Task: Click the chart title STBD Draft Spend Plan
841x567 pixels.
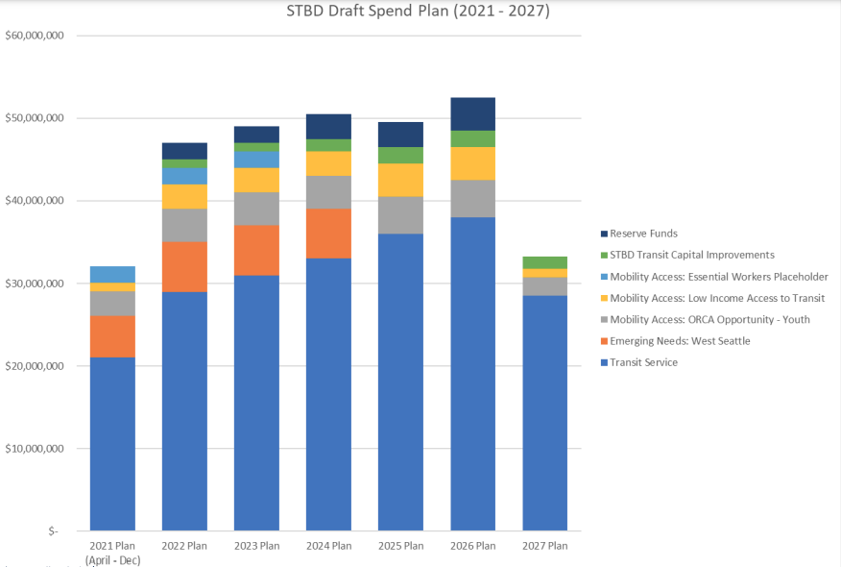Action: tap(418, 12)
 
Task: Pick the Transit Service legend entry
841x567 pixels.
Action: tap(642, 362)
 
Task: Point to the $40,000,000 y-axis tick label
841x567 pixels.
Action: tap(35, 201)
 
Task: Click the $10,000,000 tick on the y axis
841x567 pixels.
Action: tap(35, 449)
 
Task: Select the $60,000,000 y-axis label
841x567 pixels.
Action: tap(35, 36)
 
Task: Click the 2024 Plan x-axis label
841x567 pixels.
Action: tap(328, 546)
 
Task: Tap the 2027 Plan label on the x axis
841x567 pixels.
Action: tap(544, 546)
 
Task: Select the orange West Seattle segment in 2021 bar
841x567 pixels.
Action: tap(112, 336)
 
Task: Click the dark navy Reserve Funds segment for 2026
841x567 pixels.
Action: tap(472, 113)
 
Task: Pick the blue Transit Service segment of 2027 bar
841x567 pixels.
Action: tap(544, 413)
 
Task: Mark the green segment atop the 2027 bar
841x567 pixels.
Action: tap(544, 262)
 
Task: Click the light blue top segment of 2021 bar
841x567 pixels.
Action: tap(112, 274)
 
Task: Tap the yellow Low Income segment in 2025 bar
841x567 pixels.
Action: tap(400, 180)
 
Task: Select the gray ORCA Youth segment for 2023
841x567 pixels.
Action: tap(256, 209)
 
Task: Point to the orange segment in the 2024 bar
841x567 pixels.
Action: tap(328, 234)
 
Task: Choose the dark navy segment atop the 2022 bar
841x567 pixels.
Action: tap(184, 151)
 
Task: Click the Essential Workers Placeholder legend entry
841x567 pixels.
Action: tap(719, 277)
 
